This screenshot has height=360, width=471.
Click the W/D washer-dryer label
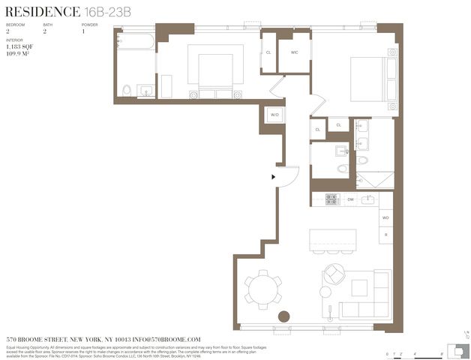(x=274, y=115)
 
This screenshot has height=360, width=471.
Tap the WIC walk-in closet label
(x=295, y=52)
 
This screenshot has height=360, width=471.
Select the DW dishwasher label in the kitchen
(x=350, y=199)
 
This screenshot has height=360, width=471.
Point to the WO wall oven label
(x=385, y=218)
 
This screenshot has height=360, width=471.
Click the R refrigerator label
(x=385, y=235)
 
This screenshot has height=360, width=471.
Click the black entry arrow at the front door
(x=274, y=177)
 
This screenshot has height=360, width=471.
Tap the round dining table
(x=262, y=289)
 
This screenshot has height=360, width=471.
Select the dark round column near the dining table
(x=284, y=316)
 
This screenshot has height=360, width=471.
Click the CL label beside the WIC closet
(x=268, y=52)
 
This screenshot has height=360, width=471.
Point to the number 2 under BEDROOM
(x=8, y=32)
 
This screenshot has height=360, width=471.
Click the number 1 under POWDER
(x=83, y=32)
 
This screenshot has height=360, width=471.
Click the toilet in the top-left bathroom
(x=127, y=91)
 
